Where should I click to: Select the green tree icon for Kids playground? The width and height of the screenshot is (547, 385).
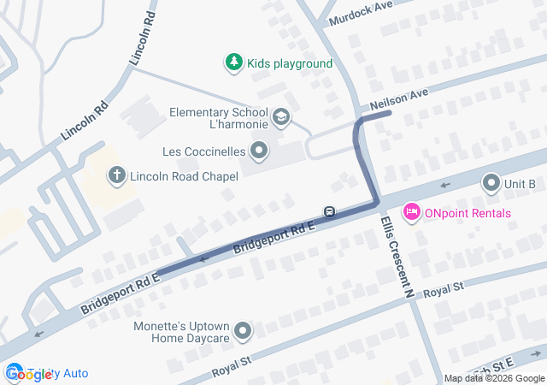pyautogui.click(x=233, y=62)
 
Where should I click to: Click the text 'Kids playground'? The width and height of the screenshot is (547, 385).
pyautogui.click(x=290, y=63)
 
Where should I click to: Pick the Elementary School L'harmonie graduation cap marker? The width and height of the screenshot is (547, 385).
pyautogui.click(x=280, y=116)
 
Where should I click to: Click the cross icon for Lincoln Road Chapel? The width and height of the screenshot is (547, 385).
pyautogui.click(x=116, y=175)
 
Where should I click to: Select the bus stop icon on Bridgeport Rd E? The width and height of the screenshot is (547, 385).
pyautogui.click(x=328, y=211)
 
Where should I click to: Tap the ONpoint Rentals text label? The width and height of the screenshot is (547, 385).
pyautogui.click(x=468, y=213)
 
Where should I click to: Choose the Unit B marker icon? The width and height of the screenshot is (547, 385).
pyautogui.click(x=491, y=183)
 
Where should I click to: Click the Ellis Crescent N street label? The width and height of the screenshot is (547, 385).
pyautogui.click(x=396, y=254)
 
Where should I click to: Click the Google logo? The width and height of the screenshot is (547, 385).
pyautogui.click(x=28, y=373)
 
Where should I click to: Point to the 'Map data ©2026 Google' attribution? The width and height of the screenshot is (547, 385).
pyautogui.click(x=494, y=379)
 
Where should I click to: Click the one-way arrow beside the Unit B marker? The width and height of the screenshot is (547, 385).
pyautogui.click(x=444, y=184)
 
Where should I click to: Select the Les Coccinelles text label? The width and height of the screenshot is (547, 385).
pyautogui.click(x=204, y=152)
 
